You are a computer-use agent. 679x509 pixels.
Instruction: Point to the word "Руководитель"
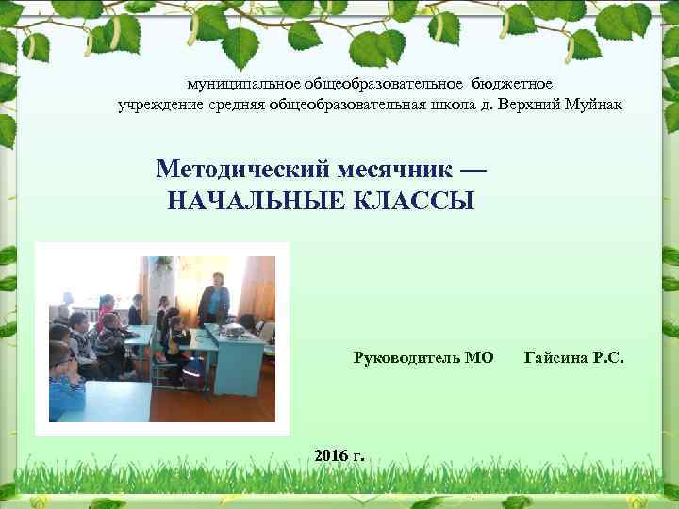(x=407, y=357)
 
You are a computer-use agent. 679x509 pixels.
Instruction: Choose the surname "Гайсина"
(x=556, y=357)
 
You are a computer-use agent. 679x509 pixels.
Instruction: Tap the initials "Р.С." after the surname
(x=608, y=357)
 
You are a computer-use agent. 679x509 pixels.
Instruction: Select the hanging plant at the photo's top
(x=163, y=264)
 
